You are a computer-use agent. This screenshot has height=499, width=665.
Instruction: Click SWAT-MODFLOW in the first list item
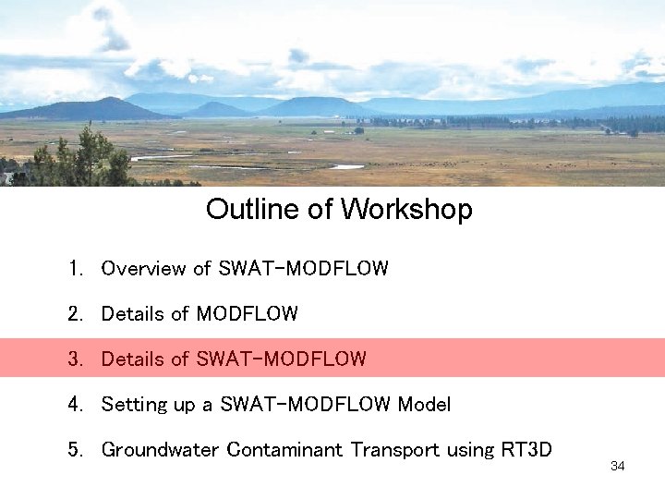(x=303, y=269)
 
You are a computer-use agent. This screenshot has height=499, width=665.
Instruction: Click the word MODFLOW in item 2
(x=247, y=314)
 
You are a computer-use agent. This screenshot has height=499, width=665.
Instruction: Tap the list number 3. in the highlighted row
(x=76, y=359)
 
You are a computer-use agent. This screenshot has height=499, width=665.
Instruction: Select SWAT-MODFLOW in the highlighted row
(x=281, y=359)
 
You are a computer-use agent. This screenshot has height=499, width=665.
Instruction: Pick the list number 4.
(x=76, y=405)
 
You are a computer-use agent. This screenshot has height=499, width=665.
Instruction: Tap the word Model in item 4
(x=424, y=405)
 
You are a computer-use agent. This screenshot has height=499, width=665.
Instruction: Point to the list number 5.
(x=76, y=450)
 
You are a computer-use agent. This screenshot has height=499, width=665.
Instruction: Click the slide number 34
(x=618, y=467)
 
